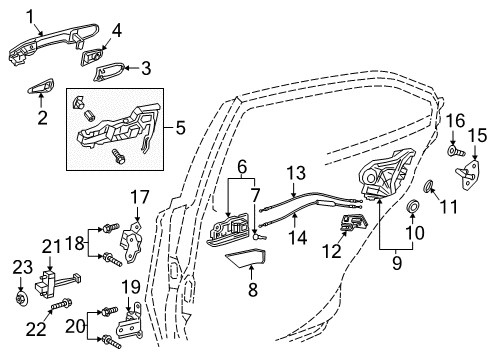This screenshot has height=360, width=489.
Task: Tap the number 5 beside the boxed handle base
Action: click(x=181, y=127)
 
